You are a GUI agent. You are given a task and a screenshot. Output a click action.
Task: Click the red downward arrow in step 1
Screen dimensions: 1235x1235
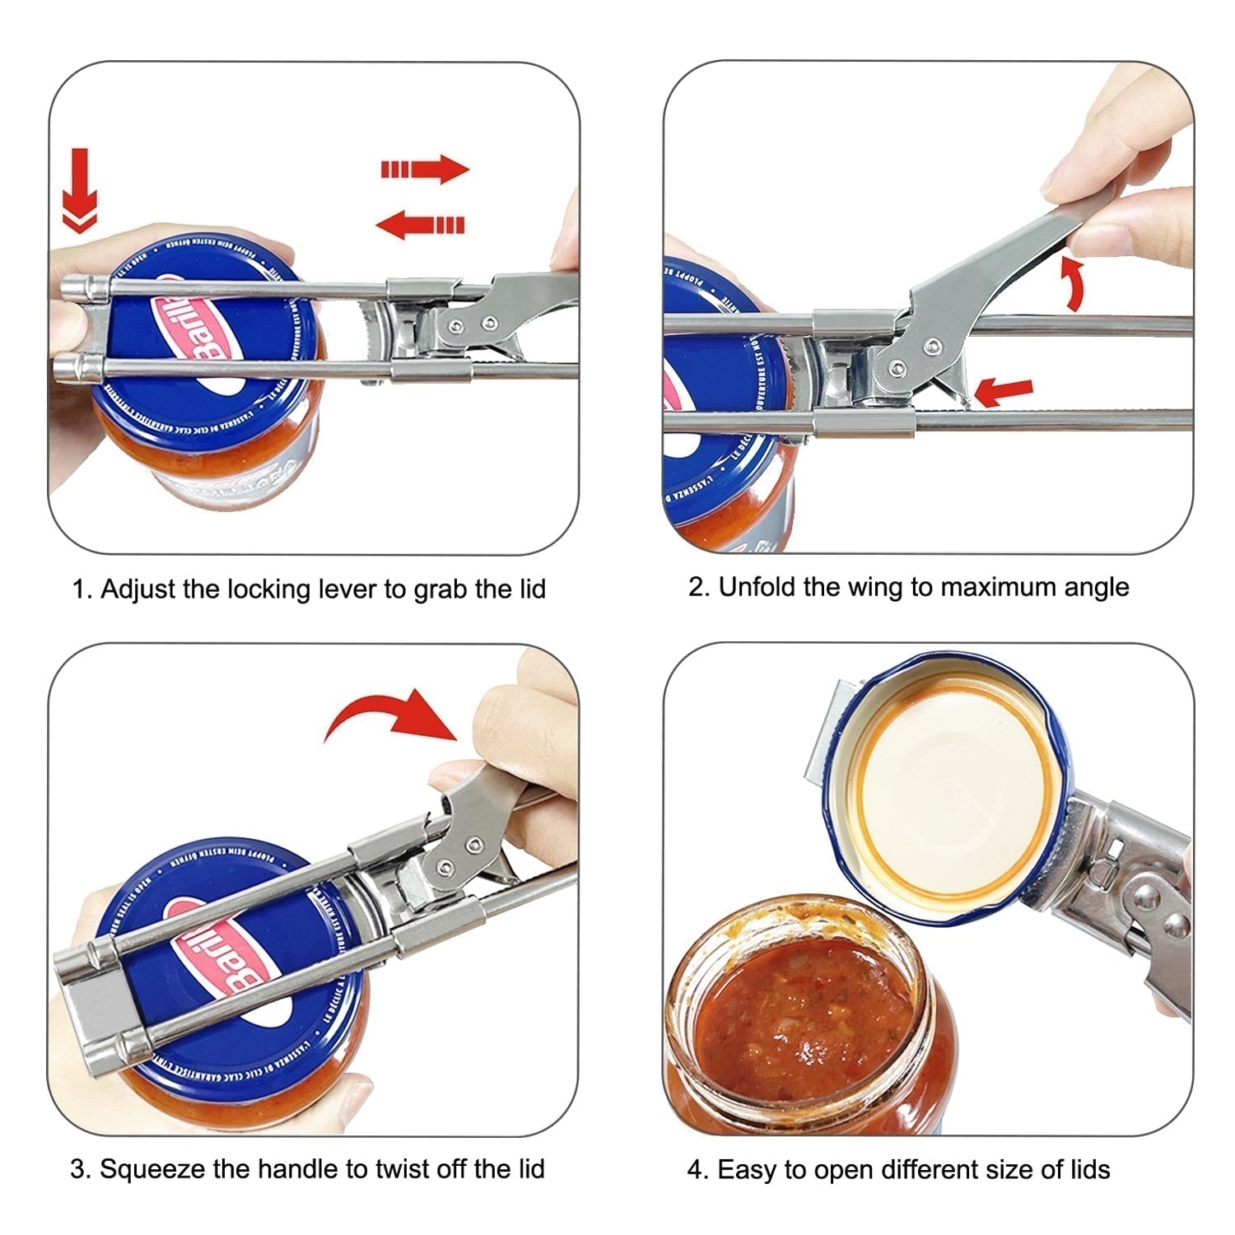[80, 191]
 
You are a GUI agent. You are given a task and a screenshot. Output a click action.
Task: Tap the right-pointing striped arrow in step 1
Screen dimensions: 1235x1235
[425, 169]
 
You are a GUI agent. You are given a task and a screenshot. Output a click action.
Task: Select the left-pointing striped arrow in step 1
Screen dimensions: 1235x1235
[420, 224]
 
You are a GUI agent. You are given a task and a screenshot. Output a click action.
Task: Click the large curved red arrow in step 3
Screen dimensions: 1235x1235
[391, 715]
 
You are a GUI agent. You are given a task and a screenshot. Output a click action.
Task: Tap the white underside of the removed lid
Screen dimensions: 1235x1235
[947, 790]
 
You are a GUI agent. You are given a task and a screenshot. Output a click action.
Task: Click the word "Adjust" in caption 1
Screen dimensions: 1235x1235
[135, 590]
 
